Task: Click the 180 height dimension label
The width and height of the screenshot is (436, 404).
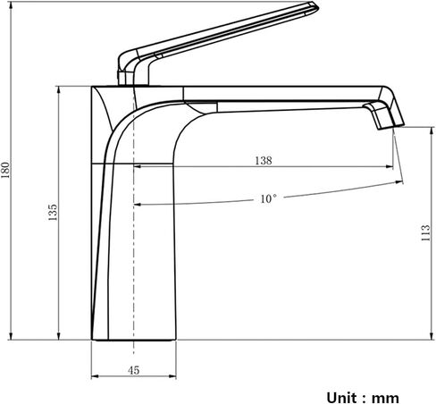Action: click(x=5, y=170)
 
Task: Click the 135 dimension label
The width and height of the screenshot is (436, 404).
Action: click(x=53, y=212)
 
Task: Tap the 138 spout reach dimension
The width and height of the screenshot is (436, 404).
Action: click(x=264, y=161)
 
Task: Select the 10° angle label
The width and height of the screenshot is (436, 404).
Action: click(x=269, y=198)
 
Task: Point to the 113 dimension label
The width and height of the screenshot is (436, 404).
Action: click(x=425, y=232)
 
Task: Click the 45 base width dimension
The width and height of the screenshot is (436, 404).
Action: click(x=133, y=370)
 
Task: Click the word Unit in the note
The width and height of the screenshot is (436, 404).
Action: click(x=341, y=398)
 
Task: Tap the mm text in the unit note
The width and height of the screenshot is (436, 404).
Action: click(x=385, y=399)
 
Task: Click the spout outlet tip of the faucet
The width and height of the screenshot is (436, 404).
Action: click(x=390, y=127)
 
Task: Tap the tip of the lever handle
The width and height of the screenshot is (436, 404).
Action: click(x=314, y=5)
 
